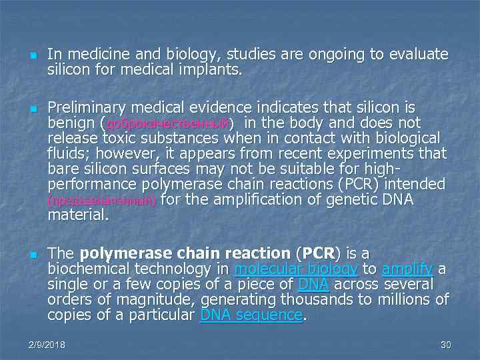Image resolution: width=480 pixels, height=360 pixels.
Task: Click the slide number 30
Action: click(x=446, y=345)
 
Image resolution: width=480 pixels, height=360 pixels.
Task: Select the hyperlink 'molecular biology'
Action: click(x=297, y=269)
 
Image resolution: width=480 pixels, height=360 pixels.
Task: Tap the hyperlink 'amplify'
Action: click(x=407, y=269)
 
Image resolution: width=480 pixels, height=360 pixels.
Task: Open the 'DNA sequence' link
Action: click(x=251, y=315)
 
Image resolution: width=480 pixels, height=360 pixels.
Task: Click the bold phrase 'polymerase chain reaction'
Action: click(x=184, y=253)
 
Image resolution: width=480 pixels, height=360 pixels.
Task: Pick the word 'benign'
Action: click(x=71, y=123)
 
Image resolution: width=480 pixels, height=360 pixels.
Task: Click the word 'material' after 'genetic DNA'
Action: click(x=75, y=215)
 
